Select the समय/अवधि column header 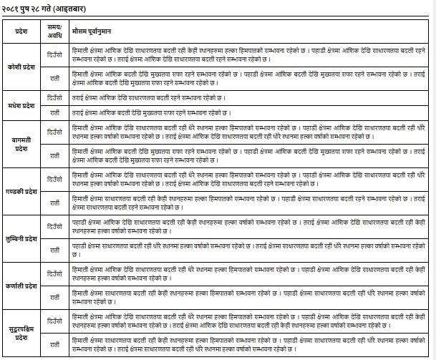click(x=55, y=33)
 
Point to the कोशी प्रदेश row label click(x=22, y=62)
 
